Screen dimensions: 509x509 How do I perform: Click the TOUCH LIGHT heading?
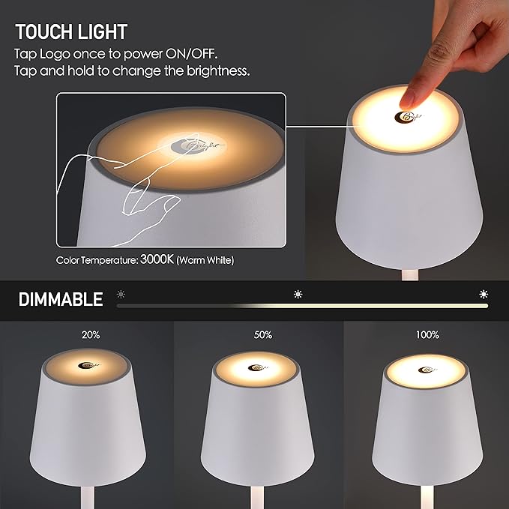point(71,31)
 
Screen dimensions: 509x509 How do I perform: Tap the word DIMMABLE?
point(61,301)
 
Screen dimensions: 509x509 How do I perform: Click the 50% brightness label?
point(262,335)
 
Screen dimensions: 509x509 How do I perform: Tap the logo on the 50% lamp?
point(259,368)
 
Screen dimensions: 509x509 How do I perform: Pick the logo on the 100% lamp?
point(427,370)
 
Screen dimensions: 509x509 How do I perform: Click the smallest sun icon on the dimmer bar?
point(121,293)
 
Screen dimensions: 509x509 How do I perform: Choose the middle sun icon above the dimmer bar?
point(298,293)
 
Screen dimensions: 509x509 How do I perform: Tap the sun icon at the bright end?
point(484,293)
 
